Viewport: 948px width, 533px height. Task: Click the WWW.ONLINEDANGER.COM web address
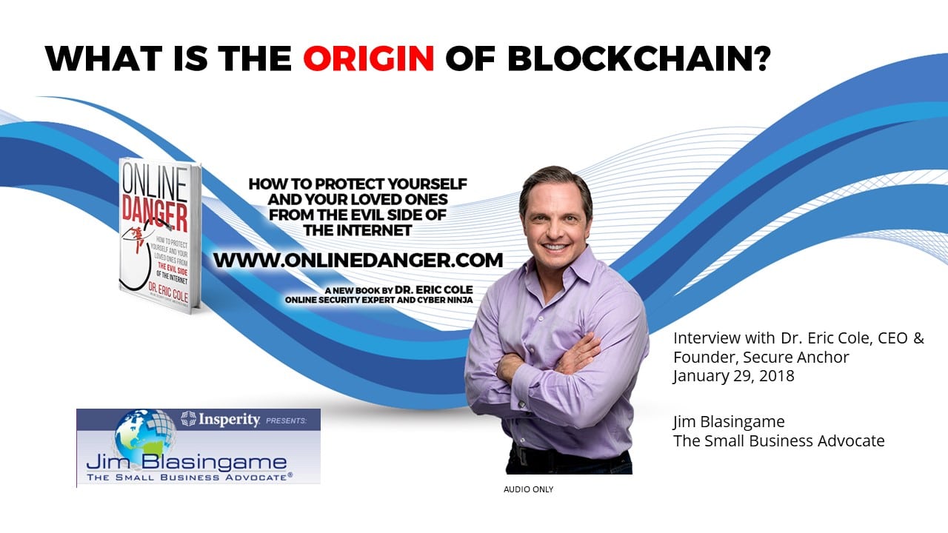[x=358, y=260]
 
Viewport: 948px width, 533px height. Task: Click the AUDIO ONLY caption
[x=528, y=489]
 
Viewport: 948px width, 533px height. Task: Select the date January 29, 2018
[x=733, y=376]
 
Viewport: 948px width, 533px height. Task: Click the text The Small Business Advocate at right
[x=778, y=441]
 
